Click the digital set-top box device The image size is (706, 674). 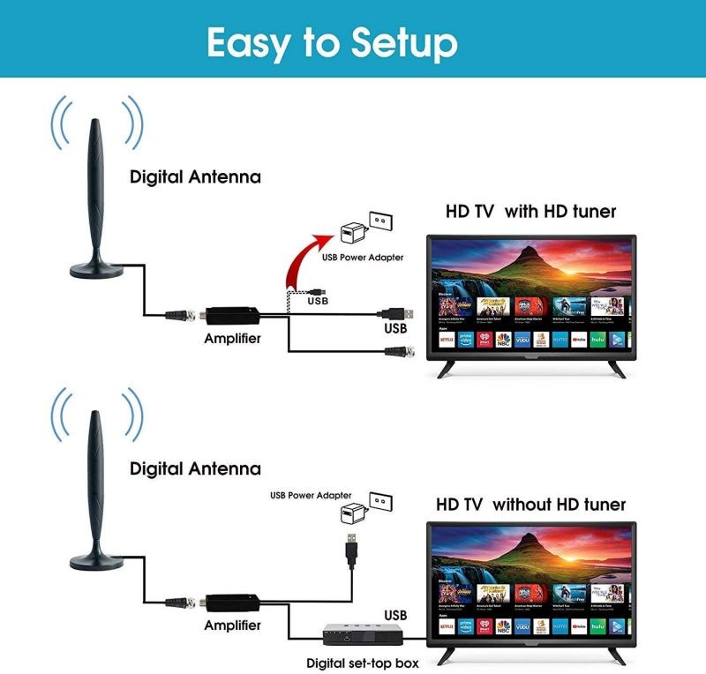point(358,634)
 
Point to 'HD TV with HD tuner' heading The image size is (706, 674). point(529,212)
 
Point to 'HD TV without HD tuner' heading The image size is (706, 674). point(530,505)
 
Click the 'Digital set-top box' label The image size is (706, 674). point(362,662)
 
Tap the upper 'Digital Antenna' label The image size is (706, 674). point(195,176)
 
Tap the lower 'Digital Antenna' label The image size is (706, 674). point(195,468)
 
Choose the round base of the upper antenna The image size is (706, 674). point(94,266)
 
